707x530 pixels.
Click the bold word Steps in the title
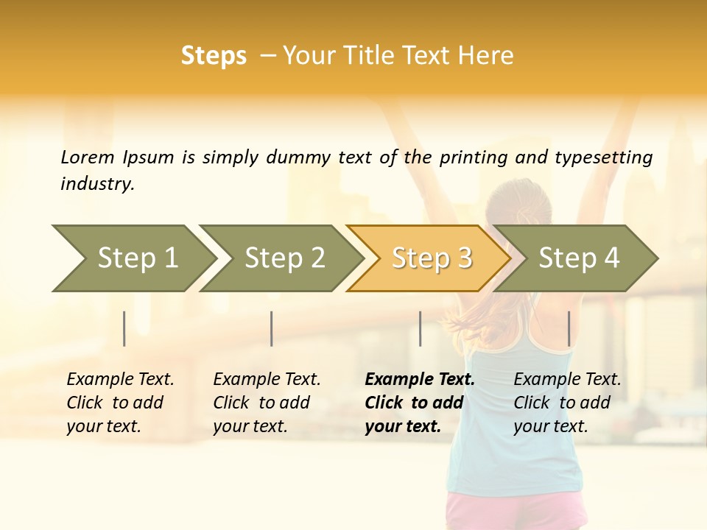coord(214,56)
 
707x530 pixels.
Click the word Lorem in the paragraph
coord(87,157)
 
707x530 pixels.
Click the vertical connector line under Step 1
coord(124,328)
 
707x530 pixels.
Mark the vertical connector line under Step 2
coord(272,328)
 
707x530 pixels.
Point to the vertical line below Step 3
coord(420,328)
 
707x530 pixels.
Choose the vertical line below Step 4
coord(569,328)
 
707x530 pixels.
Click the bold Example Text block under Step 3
coord(419,403)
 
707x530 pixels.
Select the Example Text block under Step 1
coord(119,403)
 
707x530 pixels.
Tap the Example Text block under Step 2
coord(266,403)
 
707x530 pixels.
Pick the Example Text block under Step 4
coord(566,403)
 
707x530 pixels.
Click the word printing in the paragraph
coord(468,157)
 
